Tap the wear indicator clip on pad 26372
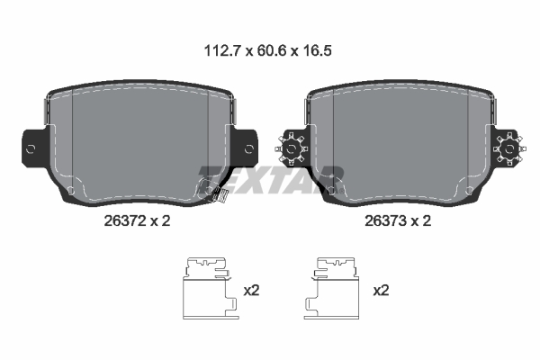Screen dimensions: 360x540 tap(213, 193)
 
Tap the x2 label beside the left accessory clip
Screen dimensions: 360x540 tap(253, 290)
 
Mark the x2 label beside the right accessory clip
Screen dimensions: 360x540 tap(381, 290)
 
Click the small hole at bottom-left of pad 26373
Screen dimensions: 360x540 tap(334, 190)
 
